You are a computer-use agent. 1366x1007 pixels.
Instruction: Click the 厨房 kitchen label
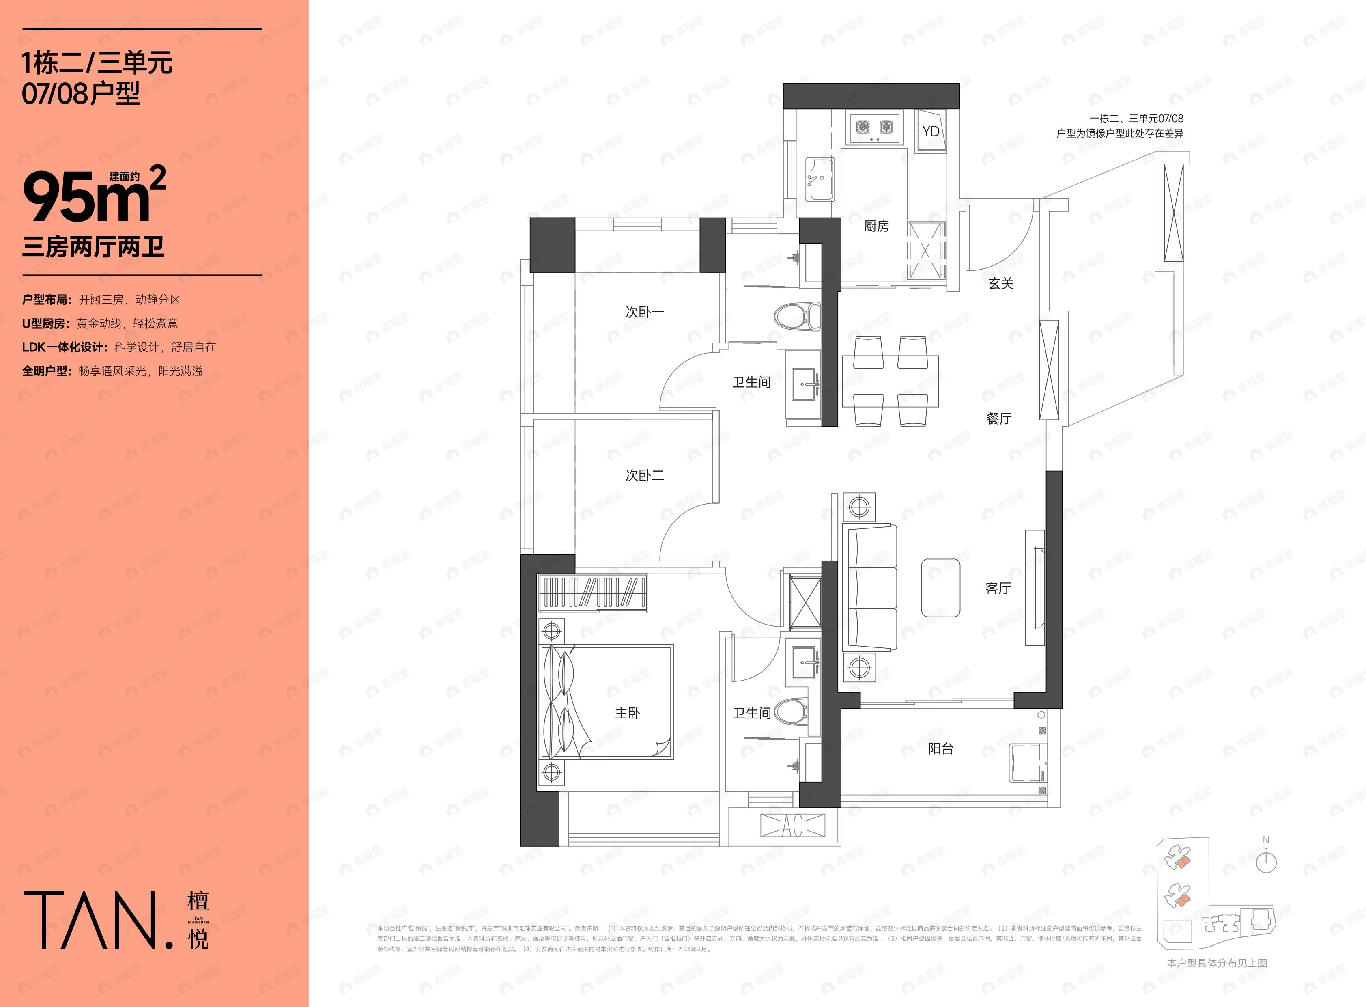[876, 226]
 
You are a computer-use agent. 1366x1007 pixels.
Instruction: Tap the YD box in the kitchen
[930, 131]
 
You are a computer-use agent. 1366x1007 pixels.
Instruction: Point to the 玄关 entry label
[1000, 283]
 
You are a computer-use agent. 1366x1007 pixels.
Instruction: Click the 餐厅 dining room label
[998, 418]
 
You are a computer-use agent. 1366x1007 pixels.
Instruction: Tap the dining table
[890, 381]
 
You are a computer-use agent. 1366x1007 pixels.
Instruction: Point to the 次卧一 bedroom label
[645, 311]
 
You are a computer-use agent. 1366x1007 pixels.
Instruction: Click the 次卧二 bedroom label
[645, 475]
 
